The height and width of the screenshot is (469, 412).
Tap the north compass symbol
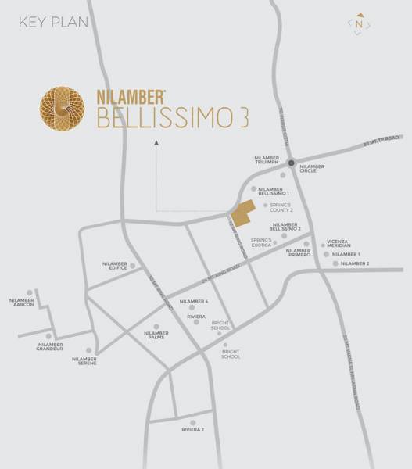[x=359, y=24]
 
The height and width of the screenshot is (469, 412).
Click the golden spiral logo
[x=64, y=109]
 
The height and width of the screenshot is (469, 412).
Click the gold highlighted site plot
[x=243, y=211]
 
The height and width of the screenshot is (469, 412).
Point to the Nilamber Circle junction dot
[x=290, y=163]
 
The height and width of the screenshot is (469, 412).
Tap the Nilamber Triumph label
[x=267, y=161]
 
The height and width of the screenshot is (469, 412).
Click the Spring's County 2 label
[x=281, y=207]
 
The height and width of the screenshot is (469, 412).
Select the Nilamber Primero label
[x=299, y=253]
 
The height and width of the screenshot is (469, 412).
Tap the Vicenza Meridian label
[x=343, y=243]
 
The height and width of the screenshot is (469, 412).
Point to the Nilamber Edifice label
[x=114, y=266]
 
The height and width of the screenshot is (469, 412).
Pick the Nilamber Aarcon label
[x=22, y=302]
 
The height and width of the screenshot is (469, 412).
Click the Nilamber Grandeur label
[x=49, y=346]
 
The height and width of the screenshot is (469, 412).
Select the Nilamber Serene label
[x=84, y=360]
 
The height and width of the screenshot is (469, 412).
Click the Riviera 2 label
[x=192, y=430]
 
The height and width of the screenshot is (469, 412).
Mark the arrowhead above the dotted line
[x=156, y=142]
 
